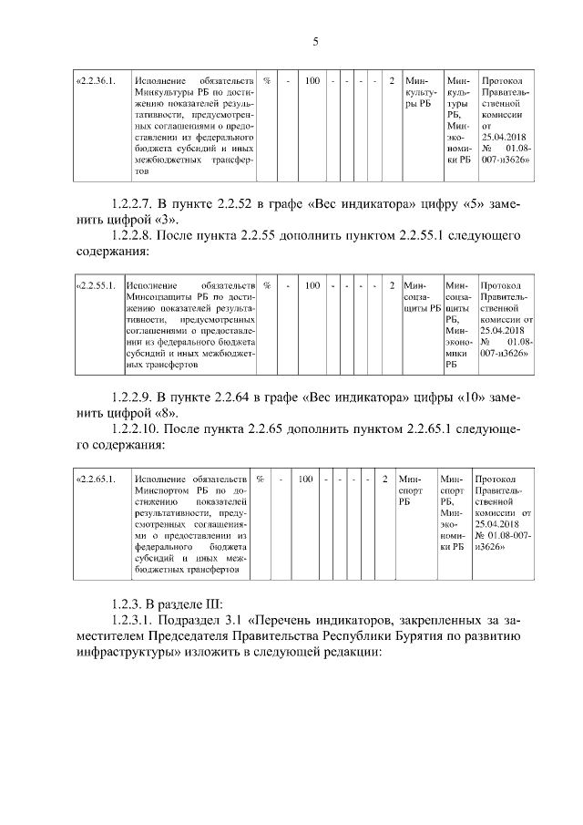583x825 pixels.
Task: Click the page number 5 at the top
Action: (x=314, y=41)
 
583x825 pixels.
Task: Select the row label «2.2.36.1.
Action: (x=97, y=81)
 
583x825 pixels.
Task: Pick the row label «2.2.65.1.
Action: (x=97, y=478)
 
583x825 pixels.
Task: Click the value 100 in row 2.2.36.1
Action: (x=312, y=81)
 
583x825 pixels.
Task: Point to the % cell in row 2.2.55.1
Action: (x=266, y=285)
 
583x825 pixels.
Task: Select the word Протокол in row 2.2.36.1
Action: (x=501, y=81)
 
